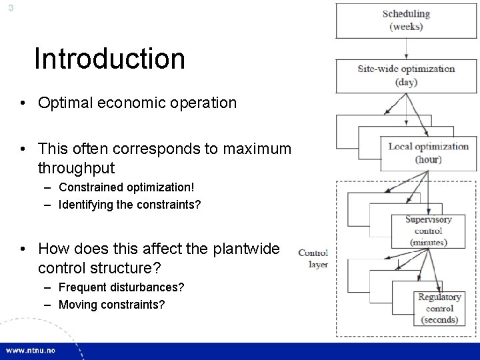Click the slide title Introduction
coord(109,59)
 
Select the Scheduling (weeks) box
coord(406,20)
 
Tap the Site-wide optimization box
coord(406,75)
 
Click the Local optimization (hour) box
coord(428,153)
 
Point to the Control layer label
coord(313,259)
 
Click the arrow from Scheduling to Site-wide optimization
coord(406,49)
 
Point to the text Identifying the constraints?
coord(129,205)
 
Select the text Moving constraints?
coord(112,304)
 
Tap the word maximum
coord(258,149)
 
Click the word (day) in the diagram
coord(406,82)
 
